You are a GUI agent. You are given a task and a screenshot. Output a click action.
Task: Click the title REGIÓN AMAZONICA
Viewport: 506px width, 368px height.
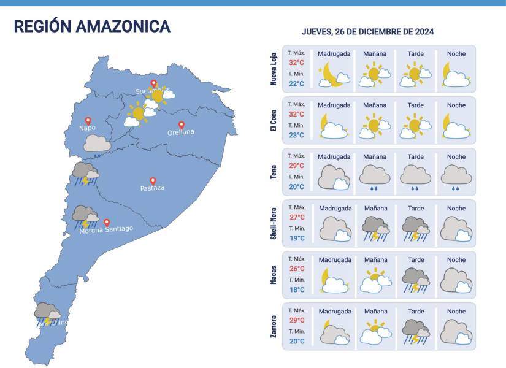point(92,26)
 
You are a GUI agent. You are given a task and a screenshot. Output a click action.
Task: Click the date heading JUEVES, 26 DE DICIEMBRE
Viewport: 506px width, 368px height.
point(367,32)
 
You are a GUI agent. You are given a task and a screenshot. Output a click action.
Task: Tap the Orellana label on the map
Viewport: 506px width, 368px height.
point(181,132)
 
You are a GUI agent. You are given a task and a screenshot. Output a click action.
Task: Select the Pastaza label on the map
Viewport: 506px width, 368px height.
point(152,188)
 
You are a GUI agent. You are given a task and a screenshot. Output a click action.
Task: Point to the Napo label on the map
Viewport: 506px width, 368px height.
point(87,128)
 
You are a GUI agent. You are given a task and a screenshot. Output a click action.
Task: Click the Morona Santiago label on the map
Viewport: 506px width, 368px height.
point(106,229)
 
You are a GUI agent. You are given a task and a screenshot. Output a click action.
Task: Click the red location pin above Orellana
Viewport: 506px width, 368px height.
point(181,125)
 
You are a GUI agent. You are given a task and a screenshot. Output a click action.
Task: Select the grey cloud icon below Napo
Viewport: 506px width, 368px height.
point(96,144)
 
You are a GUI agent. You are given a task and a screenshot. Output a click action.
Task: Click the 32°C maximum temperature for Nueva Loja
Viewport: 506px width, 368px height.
point(297,63)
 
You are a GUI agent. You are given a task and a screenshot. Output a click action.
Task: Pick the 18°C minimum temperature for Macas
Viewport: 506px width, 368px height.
point(297,289)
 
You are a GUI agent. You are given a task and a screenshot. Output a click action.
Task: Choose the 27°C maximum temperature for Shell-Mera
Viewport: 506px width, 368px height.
point(297,217)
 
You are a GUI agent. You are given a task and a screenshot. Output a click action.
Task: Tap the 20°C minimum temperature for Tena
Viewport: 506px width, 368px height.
point(297,186)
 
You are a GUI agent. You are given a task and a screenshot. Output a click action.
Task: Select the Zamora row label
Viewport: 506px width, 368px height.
point(274,326)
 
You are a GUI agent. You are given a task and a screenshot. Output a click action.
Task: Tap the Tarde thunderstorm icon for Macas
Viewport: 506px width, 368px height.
point(415,280)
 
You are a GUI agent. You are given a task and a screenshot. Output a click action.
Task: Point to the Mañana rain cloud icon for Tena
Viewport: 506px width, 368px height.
point(374,177)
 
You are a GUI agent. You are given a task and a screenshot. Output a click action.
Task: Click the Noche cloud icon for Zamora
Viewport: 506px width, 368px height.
point(456,332)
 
